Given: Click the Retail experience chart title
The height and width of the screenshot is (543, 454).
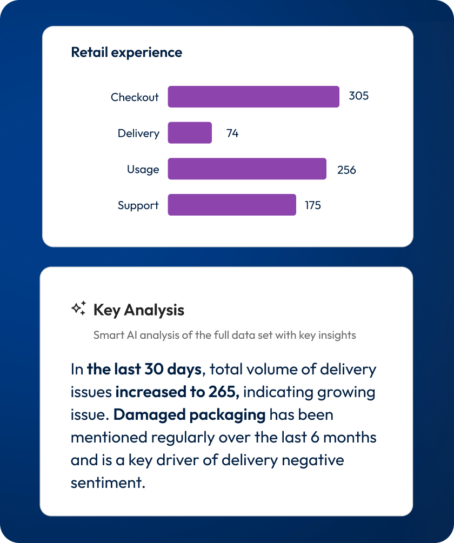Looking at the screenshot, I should pyautogui.click(x=126, y=52).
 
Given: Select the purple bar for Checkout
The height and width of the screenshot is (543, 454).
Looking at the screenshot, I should pyautogui.click(x=253, y=97).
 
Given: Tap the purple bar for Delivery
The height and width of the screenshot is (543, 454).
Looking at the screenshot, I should pyautogui.click(x=190, y=133).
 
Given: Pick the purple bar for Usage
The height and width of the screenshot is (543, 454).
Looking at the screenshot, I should pyautogui.click(x=247, y=169).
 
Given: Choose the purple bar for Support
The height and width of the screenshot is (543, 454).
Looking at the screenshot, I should pyautogui.click(x=232, y=205).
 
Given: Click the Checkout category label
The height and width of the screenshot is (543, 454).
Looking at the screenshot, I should pyautogui.click(x=135, y=97).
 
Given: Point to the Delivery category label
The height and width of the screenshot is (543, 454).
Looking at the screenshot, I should pyautogui.click(x=138, y=133).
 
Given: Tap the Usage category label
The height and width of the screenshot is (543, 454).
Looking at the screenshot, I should pyautogui.click(x=143, y=169).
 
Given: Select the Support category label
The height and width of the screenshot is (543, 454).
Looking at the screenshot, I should pyautogui.click(x=138, y=205).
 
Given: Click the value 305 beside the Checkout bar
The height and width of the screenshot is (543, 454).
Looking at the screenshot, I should pyautogui.click(x=359, y=97).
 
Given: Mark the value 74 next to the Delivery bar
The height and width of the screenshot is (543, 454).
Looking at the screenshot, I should pyautogui.click(x=232, y=133).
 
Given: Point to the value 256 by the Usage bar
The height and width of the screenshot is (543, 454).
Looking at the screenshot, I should pyautogui.click(x=346, y=170).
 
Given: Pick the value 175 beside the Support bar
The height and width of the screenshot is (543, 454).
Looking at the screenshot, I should pyautogui.click(x=312, y=205).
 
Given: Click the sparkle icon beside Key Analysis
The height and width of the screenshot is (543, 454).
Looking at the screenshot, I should pyautogui.click(x=79, y=309).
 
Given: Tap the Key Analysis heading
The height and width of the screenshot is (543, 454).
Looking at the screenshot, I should pyautogui.click(x=139, y=310).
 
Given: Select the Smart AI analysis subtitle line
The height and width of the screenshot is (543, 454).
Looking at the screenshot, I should pyautogui.click(x=224, y=335).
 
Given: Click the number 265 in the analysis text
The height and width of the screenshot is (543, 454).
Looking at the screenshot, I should pyautogui.click(x=224, y=392).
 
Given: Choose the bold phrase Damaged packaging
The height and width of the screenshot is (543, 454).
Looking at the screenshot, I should pyautogui.click(x=190, y=415).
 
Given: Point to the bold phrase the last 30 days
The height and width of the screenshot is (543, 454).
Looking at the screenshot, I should pyautogui.click(x=144, y=370).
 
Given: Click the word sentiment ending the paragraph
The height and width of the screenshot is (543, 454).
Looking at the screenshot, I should pyautogui.click(x=108, y=482).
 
